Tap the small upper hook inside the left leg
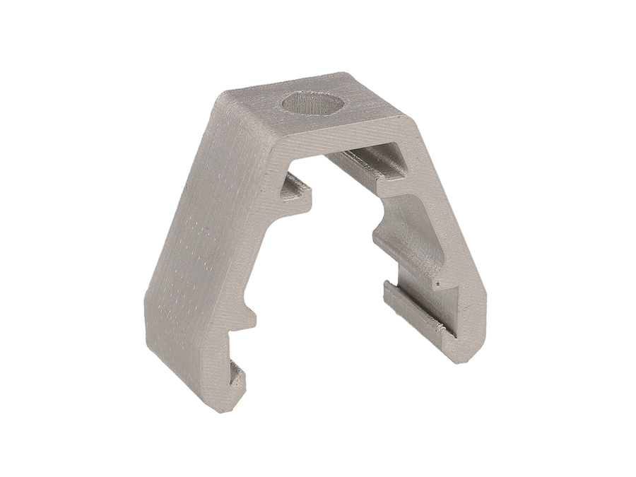[298, 190]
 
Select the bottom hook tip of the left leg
[237, 382]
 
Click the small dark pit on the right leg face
[437, 285]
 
